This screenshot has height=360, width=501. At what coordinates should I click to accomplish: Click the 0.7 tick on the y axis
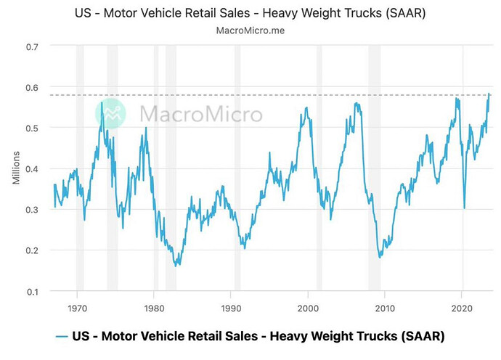coord(33,46)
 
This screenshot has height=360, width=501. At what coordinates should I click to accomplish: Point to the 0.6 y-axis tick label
coord(33,87)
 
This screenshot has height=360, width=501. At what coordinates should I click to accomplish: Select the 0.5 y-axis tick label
coord(33,128)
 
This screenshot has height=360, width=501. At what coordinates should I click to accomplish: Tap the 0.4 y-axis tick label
coord(33,169)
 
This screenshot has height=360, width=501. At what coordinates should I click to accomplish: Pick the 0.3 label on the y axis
coord(33,210)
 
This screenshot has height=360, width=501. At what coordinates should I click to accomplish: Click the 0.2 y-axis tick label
coord(33,250)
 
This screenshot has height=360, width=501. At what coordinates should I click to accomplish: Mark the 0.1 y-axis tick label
coord(33,292)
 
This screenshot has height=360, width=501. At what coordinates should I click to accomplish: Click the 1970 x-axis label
coord(76,308)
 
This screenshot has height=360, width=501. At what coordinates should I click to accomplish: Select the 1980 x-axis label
coord(153,308)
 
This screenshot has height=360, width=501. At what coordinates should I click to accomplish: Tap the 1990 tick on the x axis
coord(231,308)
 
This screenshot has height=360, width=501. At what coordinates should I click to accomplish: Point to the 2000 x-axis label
coord(308,308)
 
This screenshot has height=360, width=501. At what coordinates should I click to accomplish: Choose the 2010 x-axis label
coord(385,308)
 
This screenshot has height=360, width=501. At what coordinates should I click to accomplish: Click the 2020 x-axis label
coord(463,308)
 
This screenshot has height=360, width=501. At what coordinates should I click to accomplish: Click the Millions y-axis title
coord(15,168)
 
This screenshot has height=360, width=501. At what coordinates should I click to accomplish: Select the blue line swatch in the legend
coord(62,336)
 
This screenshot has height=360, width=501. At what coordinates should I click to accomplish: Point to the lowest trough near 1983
coord(177,266)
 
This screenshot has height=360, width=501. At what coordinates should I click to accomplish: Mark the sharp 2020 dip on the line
coord(465,208)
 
